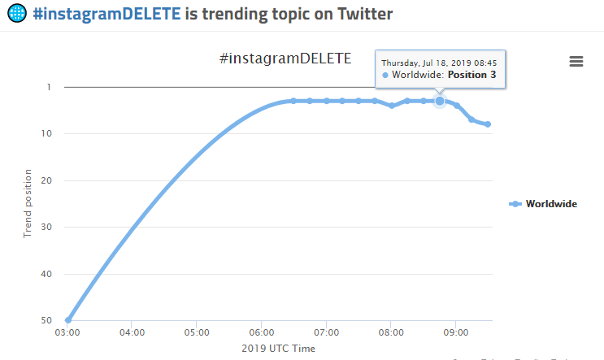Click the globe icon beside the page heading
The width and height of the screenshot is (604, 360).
(17, 13)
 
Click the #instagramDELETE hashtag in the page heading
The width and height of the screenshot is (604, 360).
(106, 13)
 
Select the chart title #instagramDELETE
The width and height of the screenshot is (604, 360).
(285, 59)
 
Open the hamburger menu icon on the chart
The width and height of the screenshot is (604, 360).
(576, 62)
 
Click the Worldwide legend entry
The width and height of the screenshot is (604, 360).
(550, 204)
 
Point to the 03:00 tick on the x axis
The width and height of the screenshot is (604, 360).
(67, 332)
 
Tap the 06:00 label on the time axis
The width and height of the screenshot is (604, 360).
(262, 332)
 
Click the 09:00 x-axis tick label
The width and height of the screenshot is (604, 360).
(456, 332)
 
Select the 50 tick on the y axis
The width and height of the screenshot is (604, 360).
(46, 321)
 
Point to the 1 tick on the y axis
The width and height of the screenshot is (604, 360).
(49, 87)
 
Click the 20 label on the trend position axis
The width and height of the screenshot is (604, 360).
(46, 180)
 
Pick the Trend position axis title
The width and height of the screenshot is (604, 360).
(28, 203)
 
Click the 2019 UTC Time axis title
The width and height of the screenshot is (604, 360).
(278, 349)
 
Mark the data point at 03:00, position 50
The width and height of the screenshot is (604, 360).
(67, 320)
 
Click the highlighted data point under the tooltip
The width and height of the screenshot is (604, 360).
(440, 101)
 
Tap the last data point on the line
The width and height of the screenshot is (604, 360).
(488, 124)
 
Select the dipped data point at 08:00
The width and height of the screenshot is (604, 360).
(391, 106)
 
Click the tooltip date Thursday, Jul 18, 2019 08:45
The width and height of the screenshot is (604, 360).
(439, 62)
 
